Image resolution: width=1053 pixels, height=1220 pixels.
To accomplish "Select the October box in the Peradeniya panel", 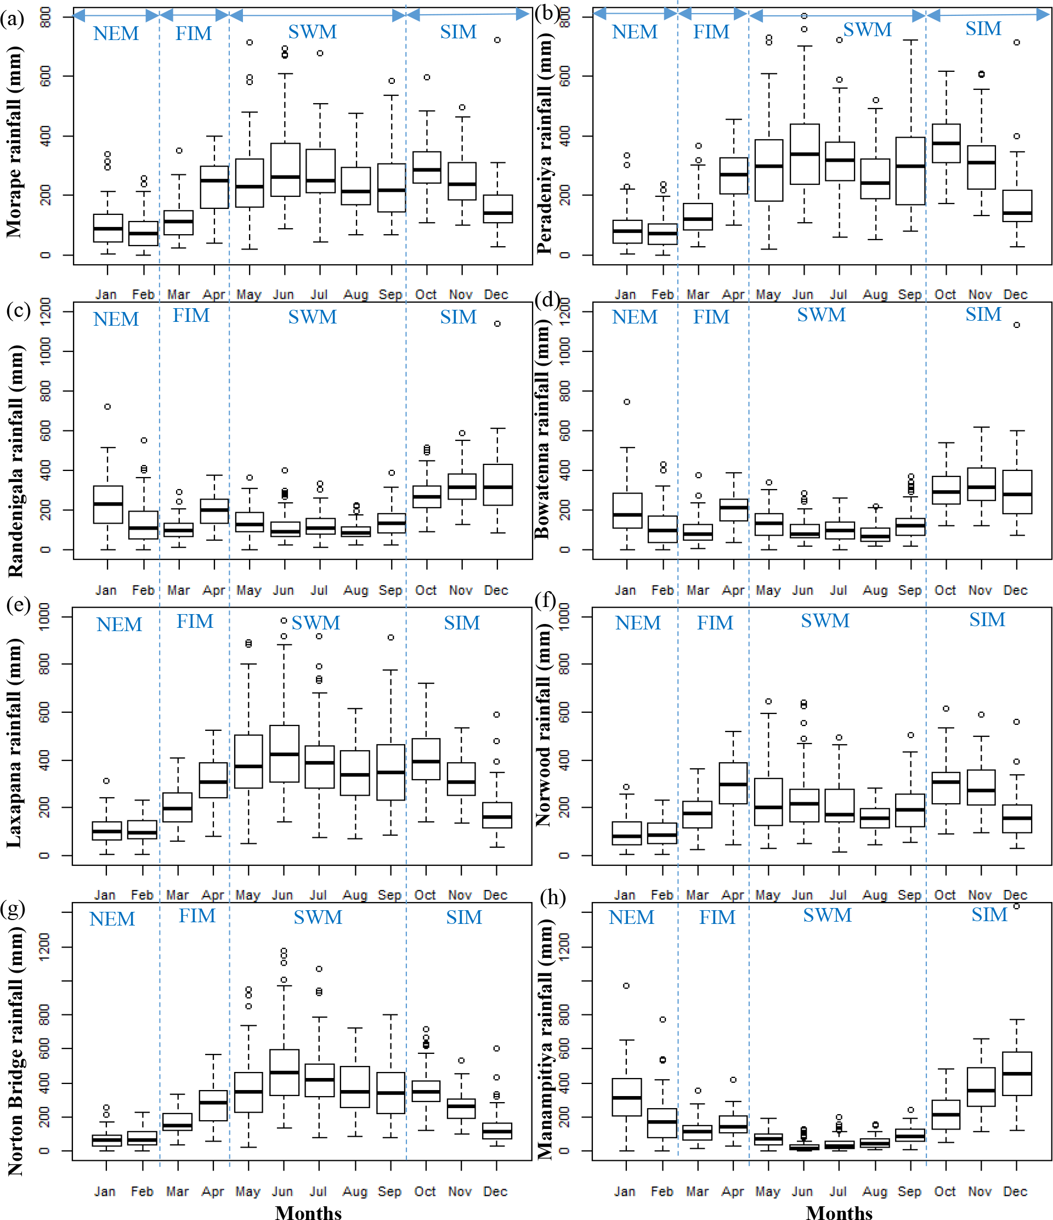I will [x=946, y=143].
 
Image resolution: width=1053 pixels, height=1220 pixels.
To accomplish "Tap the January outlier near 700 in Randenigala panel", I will [x=107, y=406].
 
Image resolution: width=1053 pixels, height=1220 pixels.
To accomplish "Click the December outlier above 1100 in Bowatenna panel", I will [x=1016, y=325].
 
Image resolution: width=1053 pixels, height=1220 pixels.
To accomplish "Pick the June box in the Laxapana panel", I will [x=284, y=754].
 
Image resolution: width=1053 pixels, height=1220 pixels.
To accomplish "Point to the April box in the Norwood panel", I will [x=733, y=783].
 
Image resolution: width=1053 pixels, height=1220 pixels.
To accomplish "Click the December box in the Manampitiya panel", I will [x=1016, y=1074].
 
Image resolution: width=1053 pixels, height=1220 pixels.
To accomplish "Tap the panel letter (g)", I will [x=13, y=909].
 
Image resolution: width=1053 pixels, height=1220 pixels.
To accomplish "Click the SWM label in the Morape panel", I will [x=312, y=32].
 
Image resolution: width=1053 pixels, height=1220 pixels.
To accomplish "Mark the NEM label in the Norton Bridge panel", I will [x=112, y=919].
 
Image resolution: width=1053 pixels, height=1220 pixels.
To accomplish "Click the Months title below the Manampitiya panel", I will [x=839, y=1212].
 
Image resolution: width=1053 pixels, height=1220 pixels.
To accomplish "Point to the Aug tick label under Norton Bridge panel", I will [x=355, y=1191].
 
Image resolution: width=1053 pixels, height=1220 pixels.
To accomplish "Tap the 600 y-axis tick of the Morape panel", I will [x=46, y=76].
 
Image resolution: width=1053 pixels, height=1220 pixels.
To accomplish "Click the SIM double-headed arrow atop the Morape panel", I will [x=468, y=15].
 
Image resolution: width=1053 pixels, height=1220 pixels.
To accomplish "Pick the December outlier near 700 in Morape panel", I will [x=497, y=40].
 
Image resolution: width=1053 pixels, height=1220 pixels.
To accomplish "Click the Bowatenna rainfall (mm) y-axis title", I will [x=542, y=430].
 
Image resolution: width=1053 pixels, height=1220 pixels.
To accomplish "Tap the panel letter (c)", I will [x=18, y=310].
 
